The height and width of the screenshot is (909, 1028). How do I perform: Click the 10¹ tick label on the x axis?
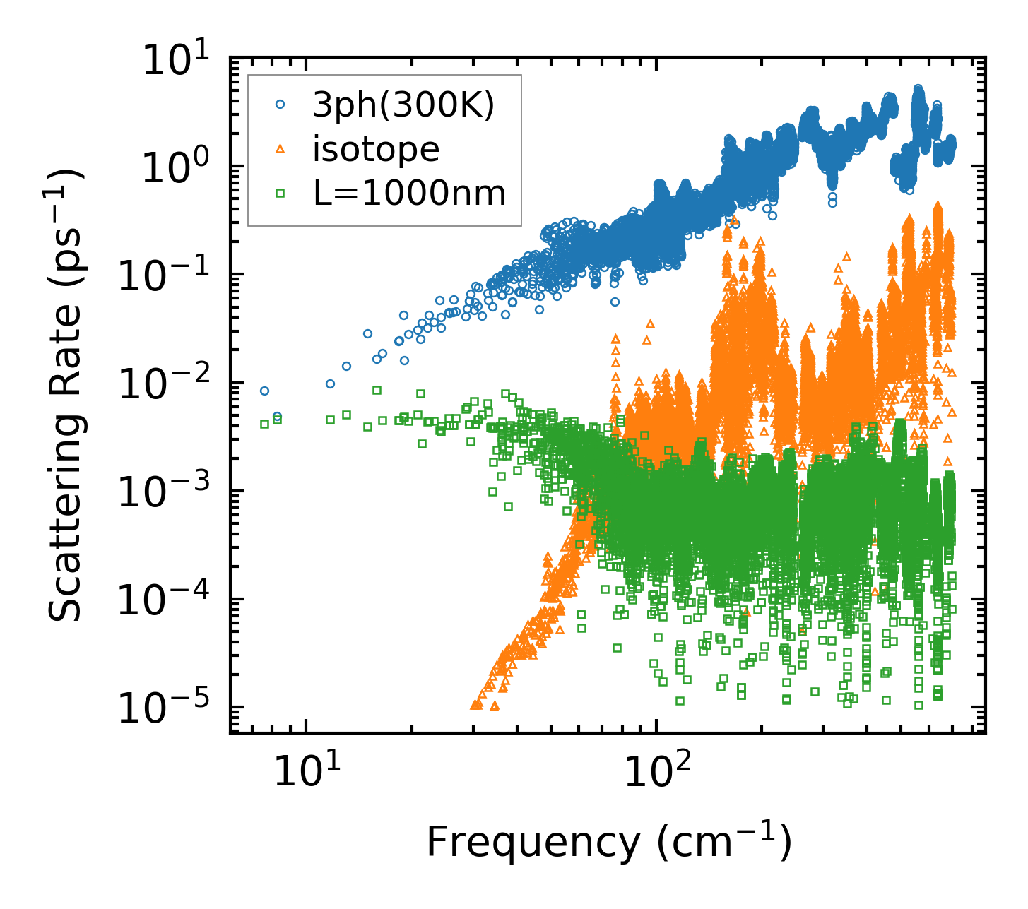point(305,771)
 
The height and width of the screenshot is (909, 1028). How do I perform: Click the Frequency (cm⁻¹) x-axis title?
point(608,842)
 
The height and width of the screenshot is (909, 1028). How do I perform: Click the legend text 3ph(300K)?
point(403,105)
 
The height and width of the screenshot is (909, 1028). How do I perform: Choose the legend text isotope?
point(376,149)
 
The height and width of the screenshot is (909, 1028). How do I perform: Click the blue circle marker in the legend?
point(280,105)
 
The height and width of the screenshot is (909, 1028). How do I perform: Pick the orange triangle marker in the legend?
point(280,148)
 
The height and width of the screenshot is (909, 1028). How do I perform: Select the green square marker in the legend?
point(280,192)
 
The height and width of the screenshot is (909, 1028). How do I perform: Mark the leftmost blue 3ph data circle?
point(264,391)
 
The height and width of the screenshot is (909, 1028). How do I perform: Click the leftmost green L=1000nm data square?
point(264,424)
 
